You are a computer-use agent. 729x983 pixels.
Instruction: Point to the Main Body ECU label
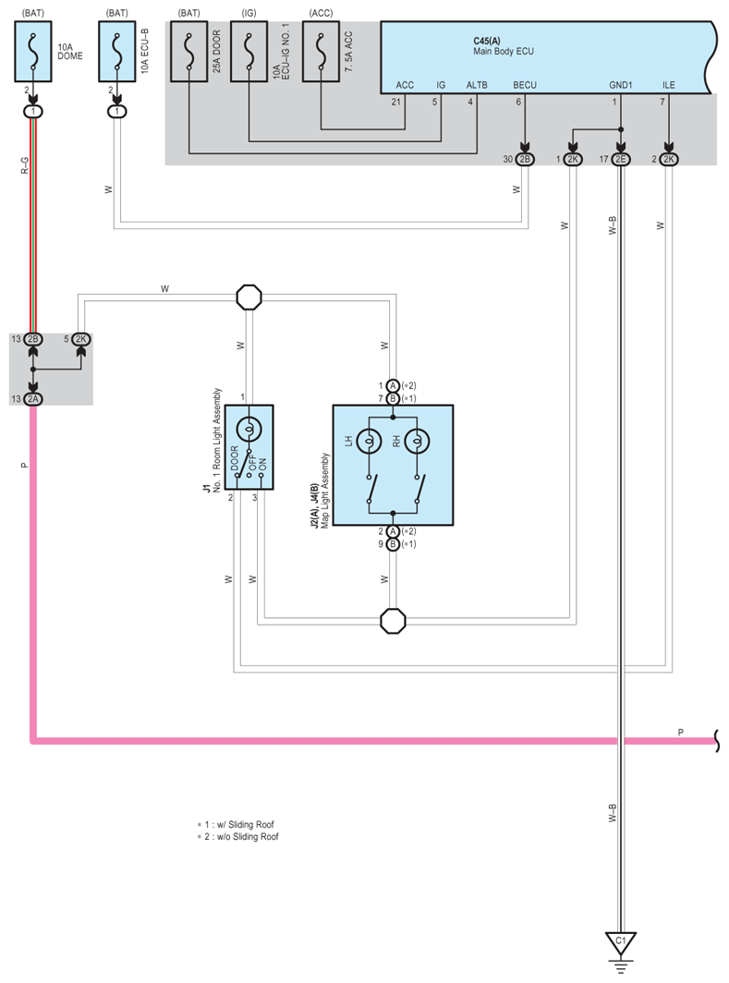(503, 52)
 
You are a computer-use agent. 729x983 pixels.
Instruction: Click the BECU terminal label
(525, 85)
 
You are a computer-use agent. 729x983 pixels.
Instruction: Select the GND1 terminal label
(620, 85)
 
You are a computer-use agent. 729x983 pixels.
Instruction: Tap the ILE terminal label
(669, 85)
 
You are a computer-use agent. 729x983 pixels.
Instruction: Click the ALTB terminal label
(477, 85)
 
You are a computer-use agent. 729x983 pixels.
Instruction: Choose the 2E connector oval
(621, 159)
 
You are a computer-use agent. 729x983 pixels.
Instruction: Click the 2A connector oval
(34, 398)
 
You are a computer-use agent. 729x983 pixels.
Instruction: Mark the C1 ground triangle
(621, 942)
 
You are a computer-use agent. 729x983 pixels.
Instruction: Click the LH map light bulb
(370, 441)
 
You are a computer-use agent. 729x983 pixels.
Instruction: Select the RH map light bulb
(418, 441)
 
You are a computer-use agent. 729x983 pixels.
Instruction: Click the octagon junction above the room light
(249, 297)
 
